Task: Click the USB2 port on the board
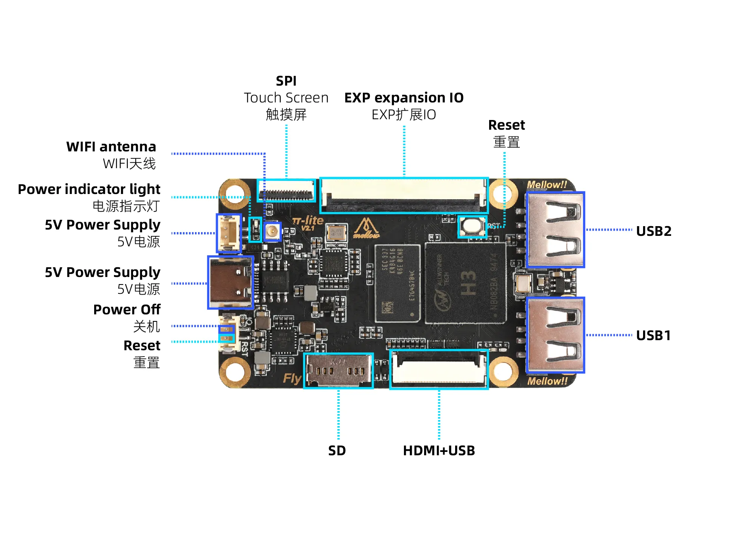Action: click(555, 230)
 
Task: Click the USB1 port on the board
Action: click(555, 335)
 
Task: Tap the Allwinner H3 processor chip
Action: click(466, 283)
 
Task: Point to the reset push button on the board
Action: click(472, 226)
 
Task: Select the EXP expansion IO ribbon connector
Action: click(404, 195)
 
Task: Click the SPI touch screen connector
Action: click(286, 190)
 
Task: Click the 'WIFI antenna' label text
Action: click(111, 147)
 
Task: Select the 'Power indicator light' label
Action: click(89, 189)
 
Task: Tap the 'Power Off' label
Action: click(127, 309)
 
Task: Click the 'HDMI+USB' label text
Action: click(439, 450)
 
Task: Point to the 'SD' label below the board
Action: click(337, 450)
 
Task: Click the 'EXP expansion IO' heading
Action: click(404, 98)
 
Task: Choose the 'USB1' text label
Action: click(653, 335)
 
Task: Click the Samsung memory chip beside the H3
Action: click(397, 283)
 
